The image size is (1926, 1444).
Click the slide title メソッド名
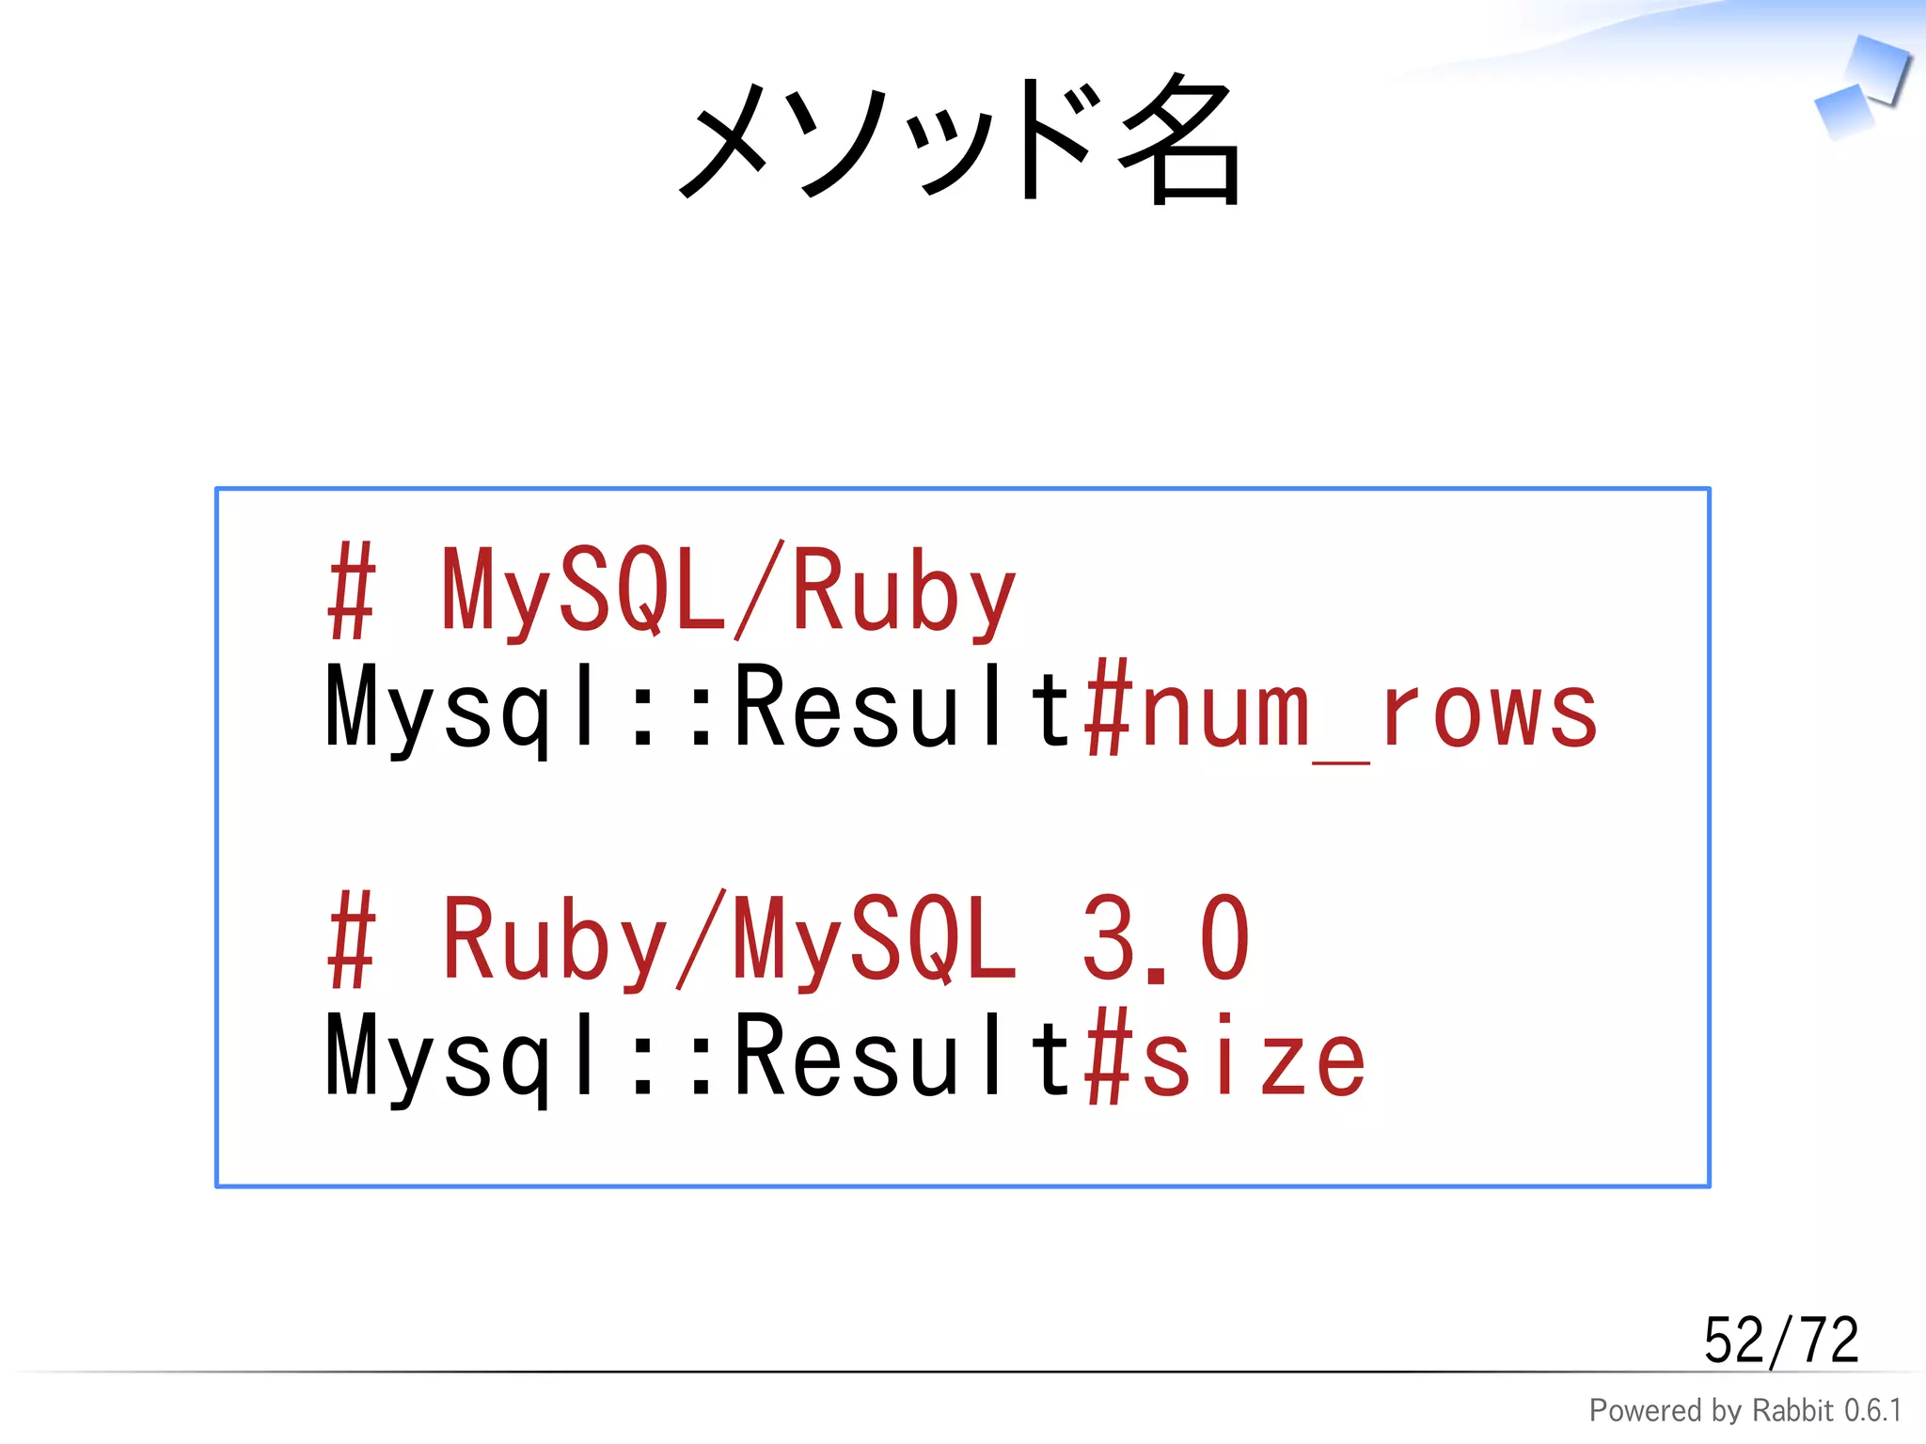959,141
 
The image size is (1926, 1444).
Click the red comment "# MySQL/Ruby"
671,592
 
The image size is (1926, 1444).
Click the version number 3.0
1165,940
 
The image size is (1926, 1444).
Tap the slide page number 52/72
1780,1341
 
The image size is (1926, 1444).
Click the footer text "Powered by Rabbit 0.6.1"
1744,1411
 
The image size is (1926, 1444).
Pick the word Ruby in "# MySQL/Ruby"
903,592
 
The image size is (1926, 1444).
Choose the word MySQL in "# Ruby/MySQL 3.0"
875,940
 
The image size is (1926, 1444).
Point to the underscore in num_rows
1341,761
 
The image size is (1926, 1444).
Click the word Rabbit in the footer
1792,1411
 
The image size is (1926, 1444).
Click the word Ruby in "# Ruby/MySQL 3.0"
555,940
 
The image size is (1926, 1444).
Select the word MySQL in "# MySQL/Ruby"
583,592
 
